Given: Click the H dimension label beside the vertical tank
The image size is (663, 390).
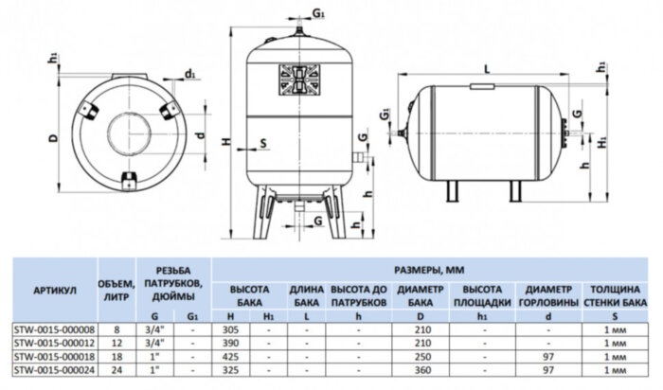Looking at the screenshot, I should pyautogui.click(x=224, y=142).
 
